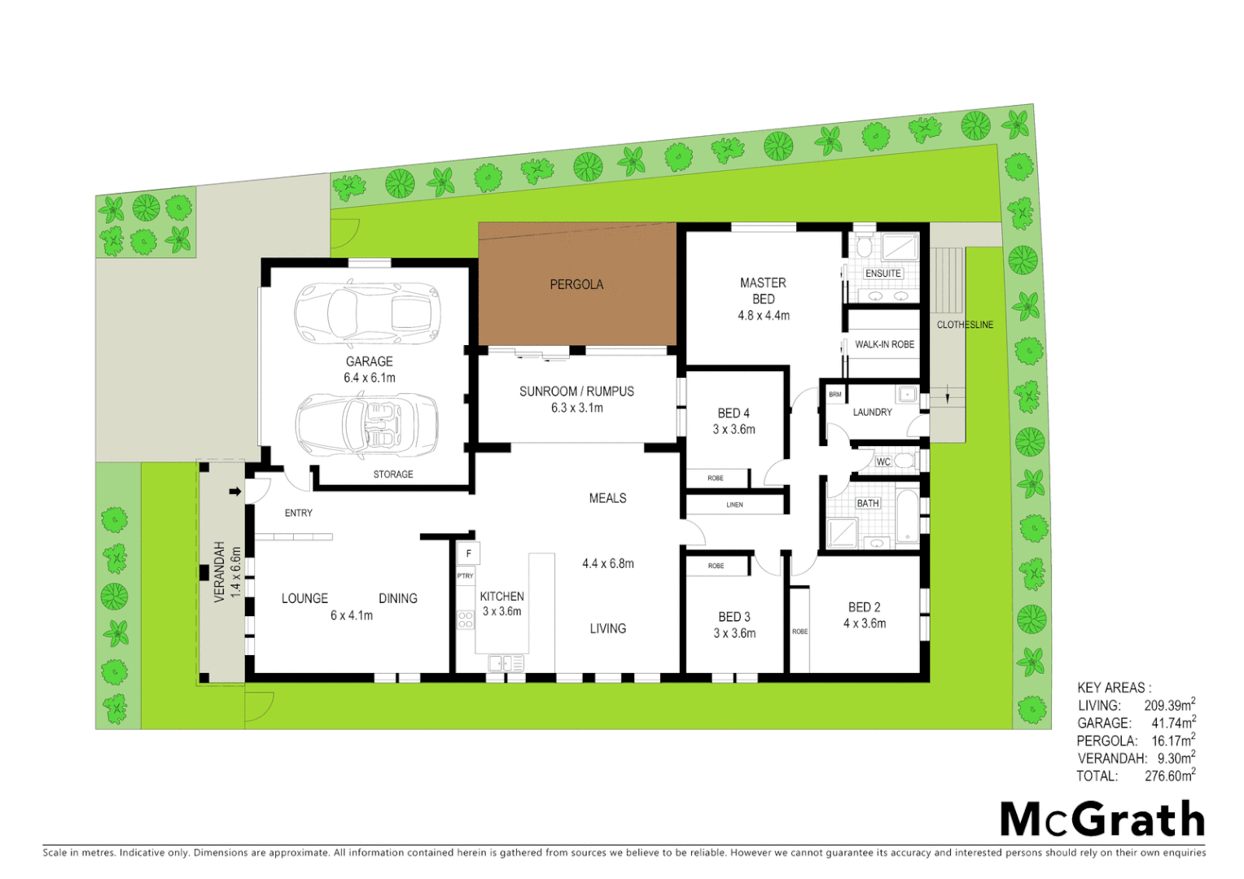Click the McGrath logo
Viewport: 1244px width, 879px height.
[1102, 819]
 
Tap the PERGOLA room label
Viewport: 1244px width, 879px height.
[576, 284]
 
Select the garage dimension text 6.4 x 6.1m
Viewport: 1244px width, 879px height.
[369, 378]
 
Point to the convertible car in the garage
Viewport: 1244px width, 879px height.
[366, 424]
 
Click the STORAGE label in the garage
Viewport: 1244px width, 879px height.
[393, 474]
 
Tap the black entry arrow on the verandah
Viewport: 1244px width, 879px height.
[235, 492]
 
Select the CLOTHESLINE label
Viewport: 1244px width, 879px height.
[965, 325]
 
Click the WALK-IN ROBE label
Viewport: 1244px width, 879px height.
[884, 344]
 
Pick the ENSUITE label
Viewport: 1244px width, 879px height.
[883, 273]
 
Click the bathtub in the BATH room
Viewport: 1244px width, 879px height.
[907, 516]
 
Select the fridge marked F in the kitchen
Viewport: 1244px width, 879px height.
[468, 553]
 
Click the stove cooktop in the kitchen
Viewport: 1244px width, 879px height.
[466, 620]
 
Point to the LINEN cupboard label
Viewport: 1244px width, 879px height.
[734, 505]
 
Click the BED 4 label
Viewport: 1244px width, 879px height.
[734, 413]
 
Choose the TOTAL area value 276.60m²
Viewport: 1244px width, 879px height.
[1169, 776]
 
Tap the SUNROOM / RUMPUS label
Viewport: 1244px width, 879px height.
[576, 391]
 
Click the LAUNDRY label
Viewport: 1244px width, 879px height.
[872, 413]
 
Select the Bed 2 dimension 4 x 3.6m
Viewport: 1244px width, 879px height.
[865, 623]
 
